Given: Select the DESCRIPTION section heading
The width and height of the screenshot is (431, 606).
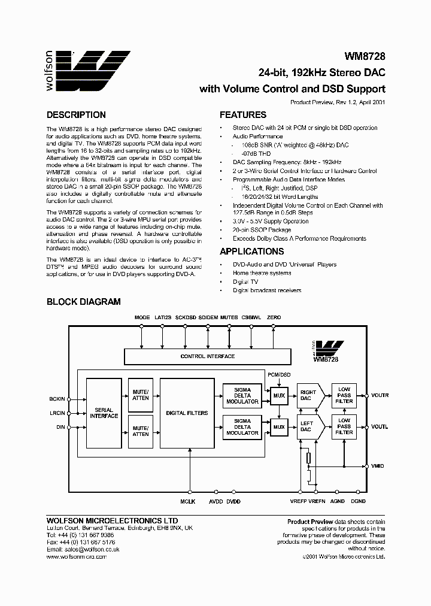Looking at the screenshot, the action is click(76, 115).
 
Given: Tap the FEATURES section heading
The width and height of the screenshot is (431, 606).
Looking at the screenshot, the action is click(243, 115).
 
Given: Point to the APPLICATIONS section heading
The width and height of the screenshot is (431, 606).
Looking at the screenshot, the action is click(251, 252).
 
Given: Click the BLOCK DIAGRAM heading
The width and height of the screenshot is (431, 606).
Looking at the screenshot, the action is click(83, 302).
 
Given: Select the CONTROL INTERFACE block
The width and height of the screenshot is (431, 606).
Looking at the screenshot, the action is click(207, 356).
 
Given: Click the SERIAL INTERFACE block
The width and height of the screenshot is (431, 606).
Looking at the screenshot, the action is click(104, 413).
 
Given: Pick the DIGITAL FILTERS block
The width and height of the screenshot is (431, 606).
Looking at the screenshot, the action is click(187, 413).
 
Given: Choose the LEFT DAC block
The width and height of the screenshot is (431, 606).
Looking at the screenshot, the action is click(306, 426).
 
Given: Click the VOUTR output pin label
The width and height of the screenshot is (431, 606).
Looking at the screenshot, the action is click(380, 396).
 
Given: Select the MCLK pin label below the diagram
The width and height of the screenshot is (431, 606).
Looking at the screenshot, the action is click(187, 501).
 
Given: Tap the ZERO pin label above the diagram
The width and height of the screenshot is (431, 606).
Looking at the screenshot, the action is click(274, 317).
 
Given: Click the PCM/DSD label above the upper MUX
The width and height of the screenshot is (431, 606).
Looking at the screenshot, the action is click(278, 374).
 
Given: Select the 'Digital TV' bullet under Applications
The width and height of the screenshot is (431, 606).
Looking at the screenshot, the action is click(245, 281).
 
